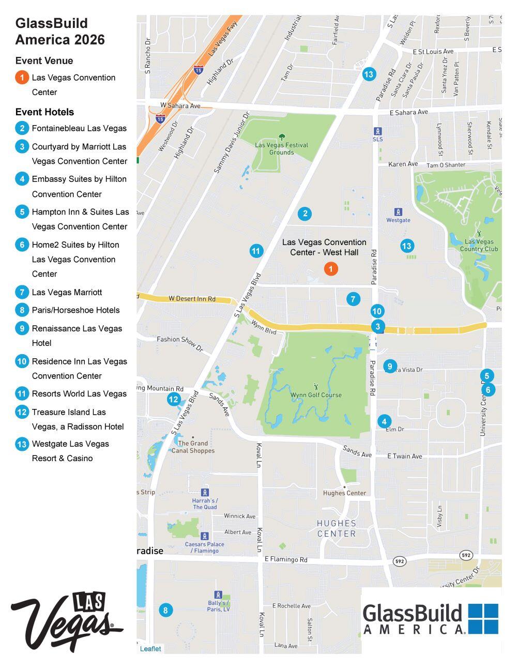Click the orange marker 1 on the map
click(331, 269)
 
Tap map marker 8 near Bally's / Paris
click(165, 610)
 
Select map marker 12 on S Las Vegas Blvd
click(174, 399)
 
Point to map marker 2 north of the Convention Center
click(305, 214)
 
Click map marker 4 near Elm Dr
click(384, 421)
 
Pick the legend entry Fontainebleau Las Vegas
click(79, 128)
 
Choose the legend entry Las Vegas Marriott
click(67, 292)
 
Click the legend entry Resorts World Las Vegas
click(79, 393)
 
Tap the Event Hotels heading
click(44, 112)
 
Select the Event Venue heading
click(44, 60)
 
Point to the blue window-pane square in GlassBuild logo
click(483, 618)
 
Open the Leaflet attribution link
click(150, 649)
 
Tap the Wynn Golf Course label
click(316, 395)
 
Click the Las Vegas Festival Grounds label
click(281, 148)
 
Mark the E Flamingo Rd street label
click(285, 559)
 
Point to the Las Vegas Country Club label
click(479, 245)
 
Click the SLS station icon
click(378, 131)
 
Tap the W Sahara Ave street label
click(180, 106)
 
